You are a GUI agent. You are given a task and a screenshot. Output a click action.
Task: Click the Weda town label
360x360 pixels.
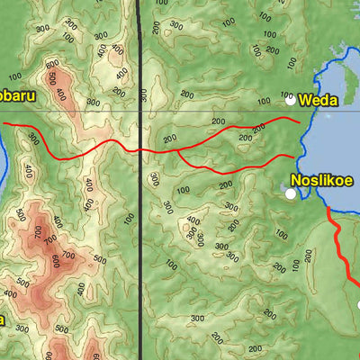[318, 100]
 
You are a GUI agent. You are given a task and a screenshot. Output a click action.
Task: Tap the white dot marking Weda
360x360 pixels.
[290, 100]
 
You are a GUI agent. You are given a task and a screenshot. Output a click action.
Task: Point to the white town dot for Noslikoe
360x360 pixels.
[291, 193]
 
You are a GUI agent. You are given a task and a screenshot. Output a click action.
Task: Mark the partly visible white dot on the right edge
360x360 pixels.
[358, 304]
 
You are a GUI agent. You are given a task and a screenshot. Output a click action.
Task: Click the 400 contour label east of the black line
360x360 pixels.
[193, 221]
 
